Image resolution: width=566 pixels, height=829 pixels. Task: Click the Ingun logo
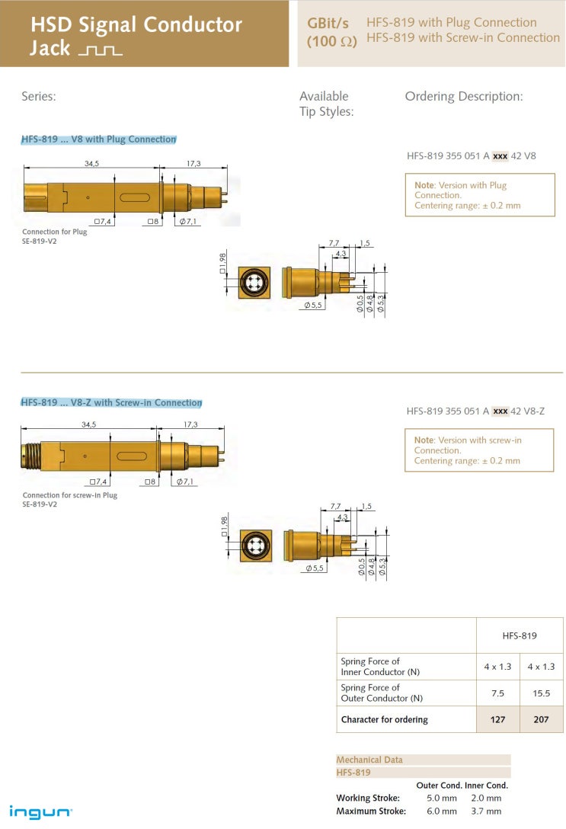coord(41,812)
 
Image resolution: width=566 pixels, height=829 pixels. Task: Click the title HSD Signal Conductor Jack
coord(136,36)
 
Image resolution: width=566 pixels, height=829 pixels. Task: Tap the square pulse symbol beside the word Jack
coord(100,51)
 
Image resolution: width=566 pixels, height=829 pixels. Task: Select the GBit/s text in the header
coord(328,24)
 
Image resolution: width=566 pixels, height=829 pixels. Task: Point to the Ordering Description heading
coord(464,96)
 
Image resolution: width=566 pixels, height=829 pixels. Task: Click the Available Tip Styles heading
coord(326,104)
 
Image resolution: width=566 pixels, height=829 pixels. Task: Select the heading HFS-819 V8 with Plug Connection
coord(98,139)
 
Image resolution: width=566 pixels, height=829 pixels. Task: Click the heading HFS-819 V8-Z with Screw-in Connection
coord(111,402)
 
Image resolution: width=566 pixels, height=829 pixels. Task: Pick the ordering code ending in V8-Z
coord(475,411)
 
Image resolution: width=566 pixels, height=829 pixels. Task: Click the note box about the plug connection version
coord(480,195)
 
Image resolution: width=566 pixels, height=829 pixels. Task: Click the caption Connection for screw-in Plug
coord(69,495)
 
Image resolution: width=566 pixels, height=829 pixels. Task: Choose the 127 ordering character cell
coord(497,719)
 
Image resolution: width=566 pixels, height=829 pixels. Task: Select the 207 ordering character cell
coord(541,719)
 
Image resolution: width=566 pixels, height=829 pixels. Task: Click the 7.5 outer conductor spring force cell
coord(497,693)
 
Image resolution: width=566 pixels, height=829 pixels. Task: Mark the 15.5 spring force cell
coord(541,693)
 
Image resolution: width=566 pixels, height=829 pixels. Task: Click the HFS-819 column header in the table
coord(520,635)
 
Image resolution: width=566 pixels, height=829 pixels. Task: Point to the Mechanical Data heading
coord(370,760)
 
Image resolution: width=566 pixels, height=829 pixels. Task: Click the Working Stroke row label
coord(368,798)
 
